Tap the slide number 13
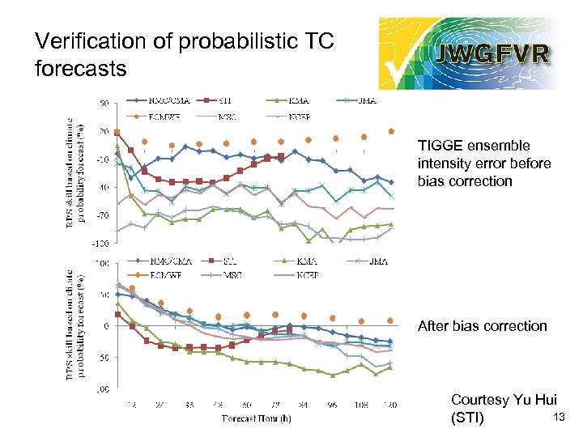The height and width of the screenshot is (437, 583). click(557, 417)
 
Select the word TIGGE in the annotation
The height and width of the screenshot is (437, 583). click(438, 146)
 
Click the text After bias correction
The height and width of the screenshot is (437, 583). click(483, 326)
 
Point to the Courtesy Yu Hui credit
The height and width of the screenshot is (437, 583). click(503, 400)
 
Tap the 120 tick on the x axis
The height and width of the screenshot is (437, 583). click(389, 404)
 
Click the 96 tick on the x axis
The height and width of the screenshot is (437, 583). click(333, 404)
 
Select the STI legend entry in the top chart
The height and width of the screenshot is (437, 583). click(229, 101)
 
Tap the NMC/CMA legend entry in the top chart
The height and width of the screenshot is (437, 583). click(167, 101)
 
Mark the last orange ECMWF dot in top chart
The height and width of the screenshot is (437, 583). click(391, 131)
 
